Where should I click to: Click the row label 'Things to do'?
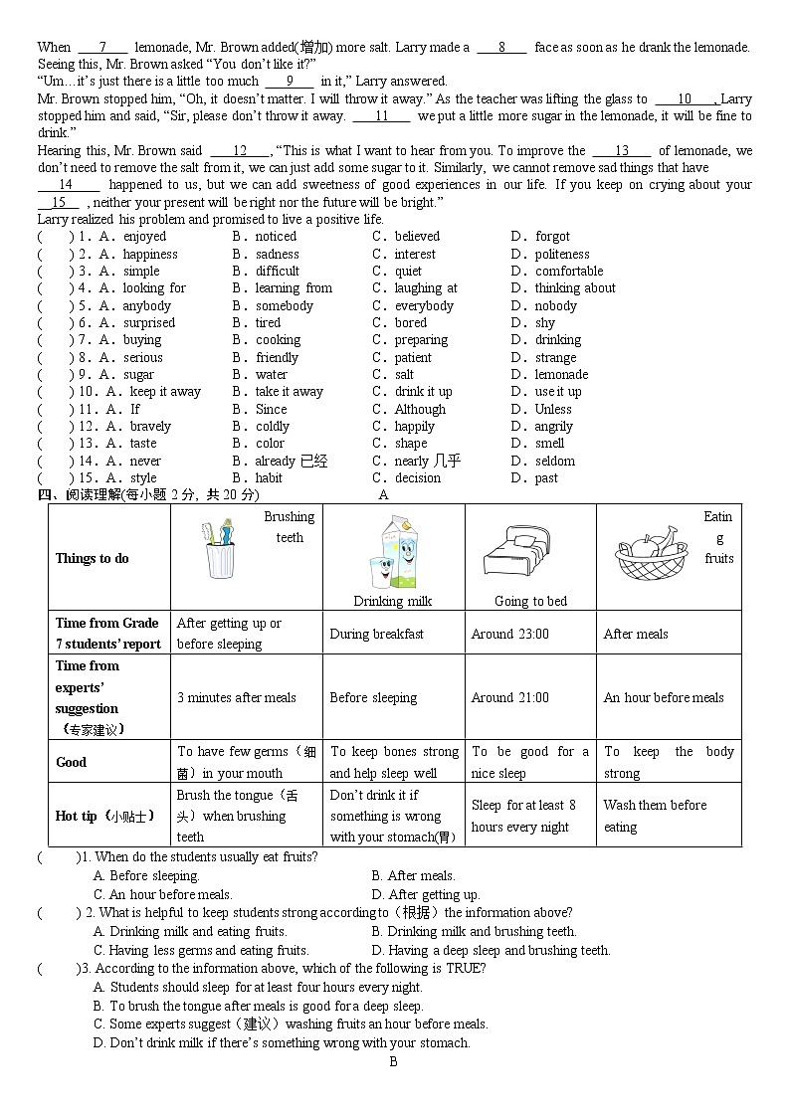pos(93,558)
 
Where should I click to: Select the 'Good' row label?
pos(72,762)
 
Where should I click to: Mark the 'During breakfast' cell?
pos(376,634)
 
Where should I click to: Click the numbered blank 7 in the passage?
pos(102,47)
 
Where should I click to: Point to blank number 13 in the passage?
pos(622,150)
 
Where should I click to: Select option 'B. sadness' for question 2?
pos(266,254)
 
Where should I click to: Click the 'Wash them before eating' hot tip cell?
pos(655,816)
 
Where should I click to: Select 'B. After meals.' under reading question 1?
pos(413,876)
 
